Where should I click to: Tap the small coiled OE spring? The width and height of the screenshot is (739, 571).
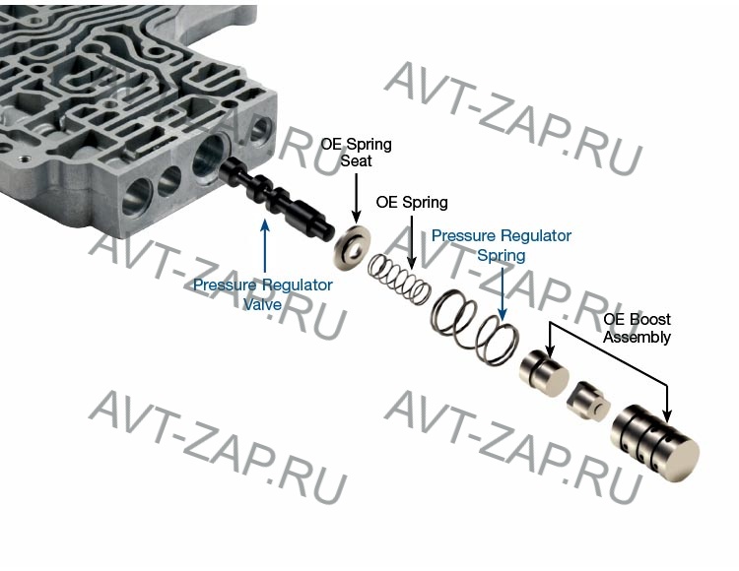click(400, 279)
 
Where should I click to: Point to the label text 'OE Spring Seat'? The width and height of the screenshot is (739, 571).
click(356, 153)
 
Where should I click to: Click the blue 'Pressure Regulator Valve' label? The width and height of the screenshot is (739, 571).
click(263, 294)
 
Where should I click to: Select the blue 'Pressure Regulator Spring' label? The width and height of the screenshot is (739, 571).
click(502, 245)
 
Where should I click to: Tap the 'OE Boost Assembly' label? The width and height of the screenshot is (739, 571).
click(637, 328)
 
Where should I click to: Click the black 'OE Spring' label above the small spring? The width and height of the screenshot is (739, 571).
click(412, 203)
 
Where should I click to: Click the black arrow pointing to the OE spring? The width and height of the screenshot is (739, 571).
click(412, 241)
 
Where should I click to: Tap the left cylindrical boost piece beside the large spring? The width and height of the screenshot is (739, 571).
click(543, 372)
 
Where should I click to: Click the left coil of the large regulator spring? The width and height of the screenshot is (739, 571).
click(453, 316)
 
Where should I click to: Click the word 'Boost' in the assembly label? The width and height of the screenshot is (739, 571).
click(650, 320)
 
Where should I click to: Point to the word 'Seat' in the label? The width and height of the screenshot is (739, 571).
click(356, 161)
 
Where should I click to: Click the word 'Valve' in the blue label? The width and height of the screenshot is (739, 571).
click(263, 304)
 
